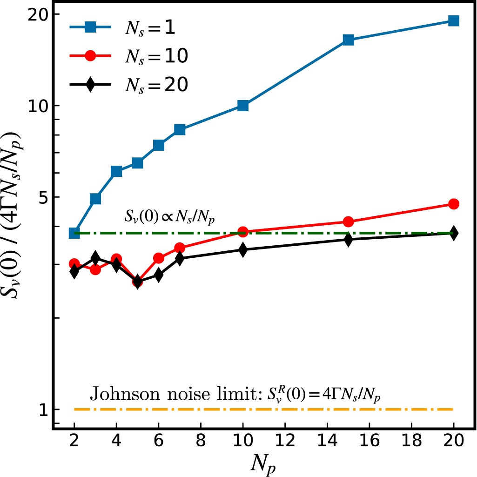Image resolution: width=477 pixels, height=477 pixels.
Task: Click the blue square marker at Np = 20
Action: (454, 20)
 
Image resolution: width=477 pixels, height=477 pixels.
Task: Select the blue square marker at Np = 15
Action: (348, 40)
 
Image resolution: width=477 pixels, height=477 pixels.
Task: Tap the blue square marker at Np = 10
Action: (242, 106)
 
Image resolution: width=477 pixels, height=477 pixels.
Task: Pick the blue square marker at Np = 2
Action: (74, 233)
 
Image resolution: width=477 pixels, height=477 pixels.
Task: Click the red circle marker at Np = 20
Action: (454, 204)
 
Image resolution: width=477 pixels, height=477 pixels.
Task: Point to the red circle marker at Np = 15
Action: (348, 222)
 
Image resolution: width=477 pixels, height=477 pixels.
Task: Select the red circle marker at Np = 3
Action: (95, 269)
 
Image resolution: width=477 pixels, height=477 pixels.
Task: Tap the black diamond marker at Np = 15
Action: (348, 239)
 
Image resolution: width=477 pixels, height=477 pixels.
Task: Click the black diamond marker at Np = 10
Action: (242, 250)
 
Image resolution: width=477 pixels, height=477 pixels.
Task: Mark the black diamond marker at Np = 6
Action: (158, 275)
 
